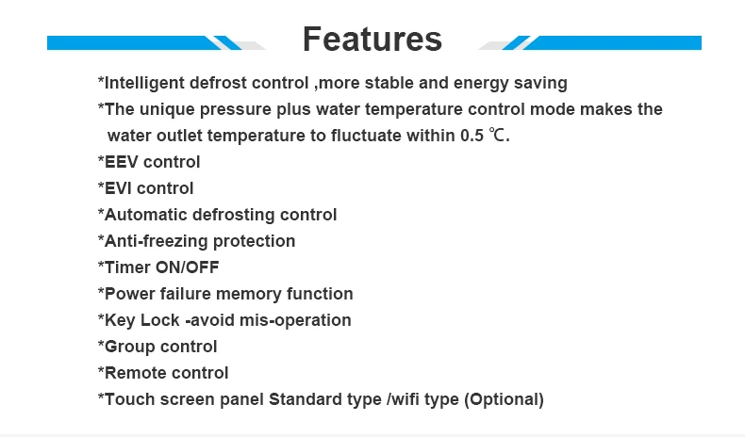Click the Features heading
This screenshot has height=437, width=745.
click(x=372, y=40)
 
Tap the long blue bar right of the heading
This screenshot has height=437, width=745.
click(x=612, y=42)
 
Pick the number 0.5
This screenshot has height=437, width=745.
click(x=472, y=136)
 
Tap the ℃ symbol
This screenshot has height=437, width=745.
click(x=497, y=136)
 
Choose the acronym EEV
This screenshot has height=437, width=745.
click(x=121, y=162)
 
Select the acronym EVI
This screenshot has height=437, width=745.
click(x=118, y=188)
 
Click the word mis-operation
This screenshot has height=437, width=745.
click(x=295, y=321)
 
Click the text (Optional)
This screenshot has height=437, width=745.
click(x=504, y=399)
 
